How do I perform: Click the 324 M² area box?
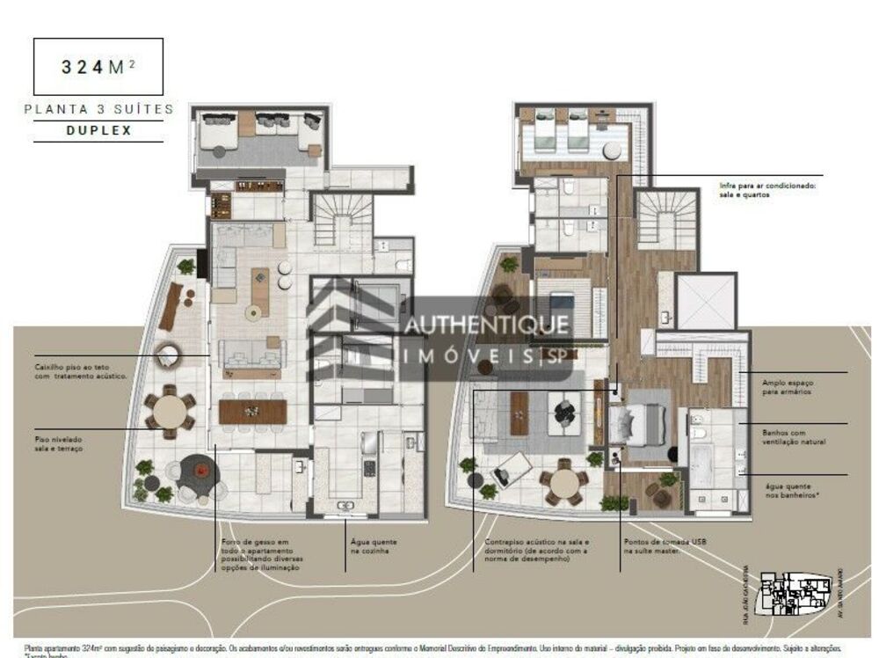(98, 67)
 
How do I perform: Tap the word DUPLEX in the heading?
(98, 130)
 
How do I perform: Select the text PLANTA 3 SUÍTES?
(98, 110)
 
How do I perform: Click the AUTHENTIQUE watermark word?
(485, 325)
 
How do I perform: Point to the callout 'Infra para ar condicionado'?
(768, 190)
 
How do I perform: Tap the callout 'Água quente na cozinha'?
(373, 547)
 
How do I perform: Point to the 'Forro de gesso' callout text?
(261, 555)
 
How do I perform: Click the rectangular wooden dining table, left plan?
(252, 411)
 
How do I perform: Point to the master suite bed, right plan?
(647, 425)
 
